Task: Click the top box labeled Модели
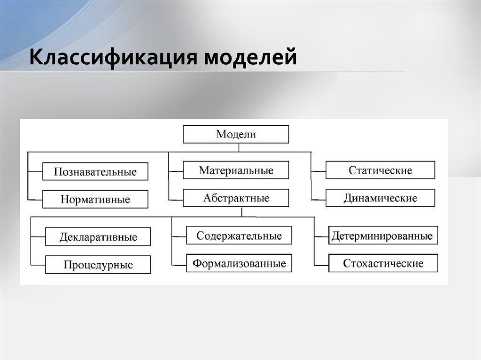coord(236,134)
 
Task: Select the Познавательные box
coord(95,171)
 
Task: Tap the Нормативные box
coord(95,199)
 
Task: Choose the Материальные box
coord(236,170)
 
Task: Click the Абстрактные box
coord(236,198)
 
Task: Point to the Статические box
coord(380,170)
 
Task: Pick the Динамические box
coord(380,198)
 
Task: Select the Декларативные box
coord(98,237)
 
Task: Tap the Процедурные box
coord(98,264)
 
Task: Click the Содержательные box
coord(239,235)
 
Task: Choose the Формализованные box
coord(239,263)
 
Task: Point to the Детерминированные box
coord(383,235)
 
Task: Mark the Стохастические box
coord(383,263)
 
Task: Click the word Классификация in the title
coord(113,57)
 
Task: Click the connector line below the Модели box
coord(239,147)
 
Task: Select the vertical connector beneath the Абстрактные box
coord(242,212)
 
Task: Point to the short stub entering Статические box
coord(318,171)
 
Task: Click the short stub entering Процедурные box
coord(38,265)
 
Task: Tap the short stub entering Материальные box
coord(176,171)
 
